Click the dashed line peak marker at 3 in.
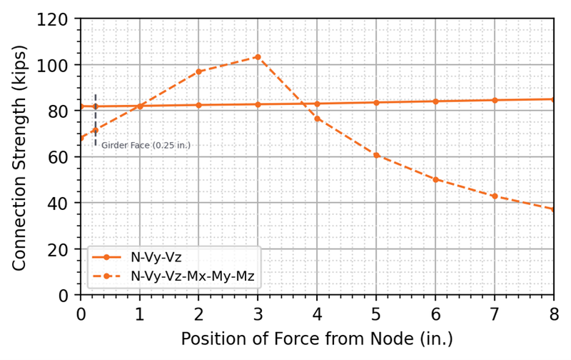(258, 57)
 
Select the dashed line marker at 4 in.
(317, 119)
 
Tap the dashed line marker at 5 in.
(376, 155)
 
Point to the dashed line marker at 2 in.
(199, 71)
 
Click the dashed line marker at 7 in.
(495, 196)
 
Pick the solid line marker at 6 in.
(435, 101)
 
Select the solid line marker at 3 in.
(258, 104)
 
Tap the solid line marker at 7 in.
(495, 100)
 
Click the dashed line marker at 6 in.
(435, 179)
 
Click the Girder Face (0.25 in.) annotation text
(146, 146)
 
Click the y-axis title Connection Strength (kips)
(19, 157)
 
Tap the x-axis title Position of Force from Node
(317, 338)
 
